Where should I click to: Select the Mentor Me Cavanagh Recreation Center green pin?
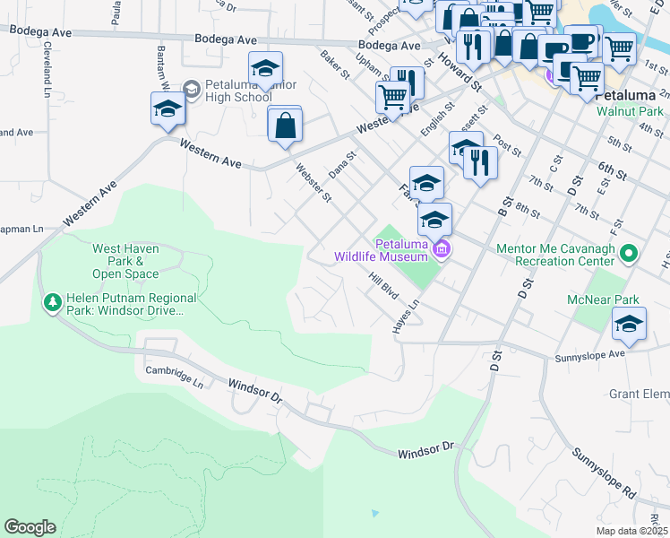(x=628, y=255)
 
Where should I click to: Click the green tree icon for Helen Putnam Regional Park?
(x=53, y=303)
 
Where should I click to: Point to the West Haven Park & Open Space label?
(x=125, y=261)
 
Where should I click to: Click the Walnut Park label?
(x=630, y=114)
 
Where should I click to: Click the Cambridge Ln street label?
(x=175, y=376)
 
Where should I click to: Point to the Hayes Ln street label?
(x=406, y=317)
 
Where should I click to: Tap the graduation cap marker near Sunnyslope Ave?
(x=629, y=324)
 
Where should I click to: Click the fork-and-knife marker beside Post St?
(x=481, y=163)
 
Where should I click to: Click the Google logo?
(x=30, y=527)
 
